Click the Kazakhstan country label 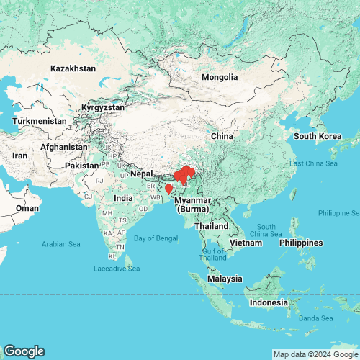point(73,68)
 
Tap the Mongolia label point(220,77)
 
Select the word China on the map point(221,136)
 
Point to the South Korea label point(317,136)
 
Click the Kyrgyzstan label point(103,107)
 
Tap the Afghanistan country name point(64,147)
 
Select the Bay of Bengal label point(155,238)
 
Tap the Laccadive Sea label point(116,269)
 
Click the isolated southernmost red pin point(168,190)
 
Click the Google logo point(24,351)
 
